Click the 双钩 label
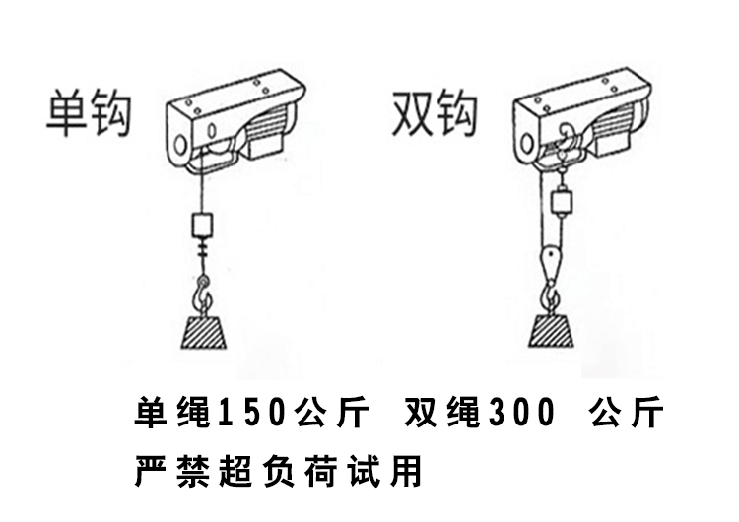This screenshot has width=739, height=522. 435,113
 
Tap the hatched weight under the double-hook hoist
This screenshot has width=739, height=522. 552,329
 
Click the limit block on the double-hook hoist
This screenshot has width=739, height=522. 564,203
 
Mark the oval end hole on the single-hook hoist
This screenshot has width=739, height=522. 180,149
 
